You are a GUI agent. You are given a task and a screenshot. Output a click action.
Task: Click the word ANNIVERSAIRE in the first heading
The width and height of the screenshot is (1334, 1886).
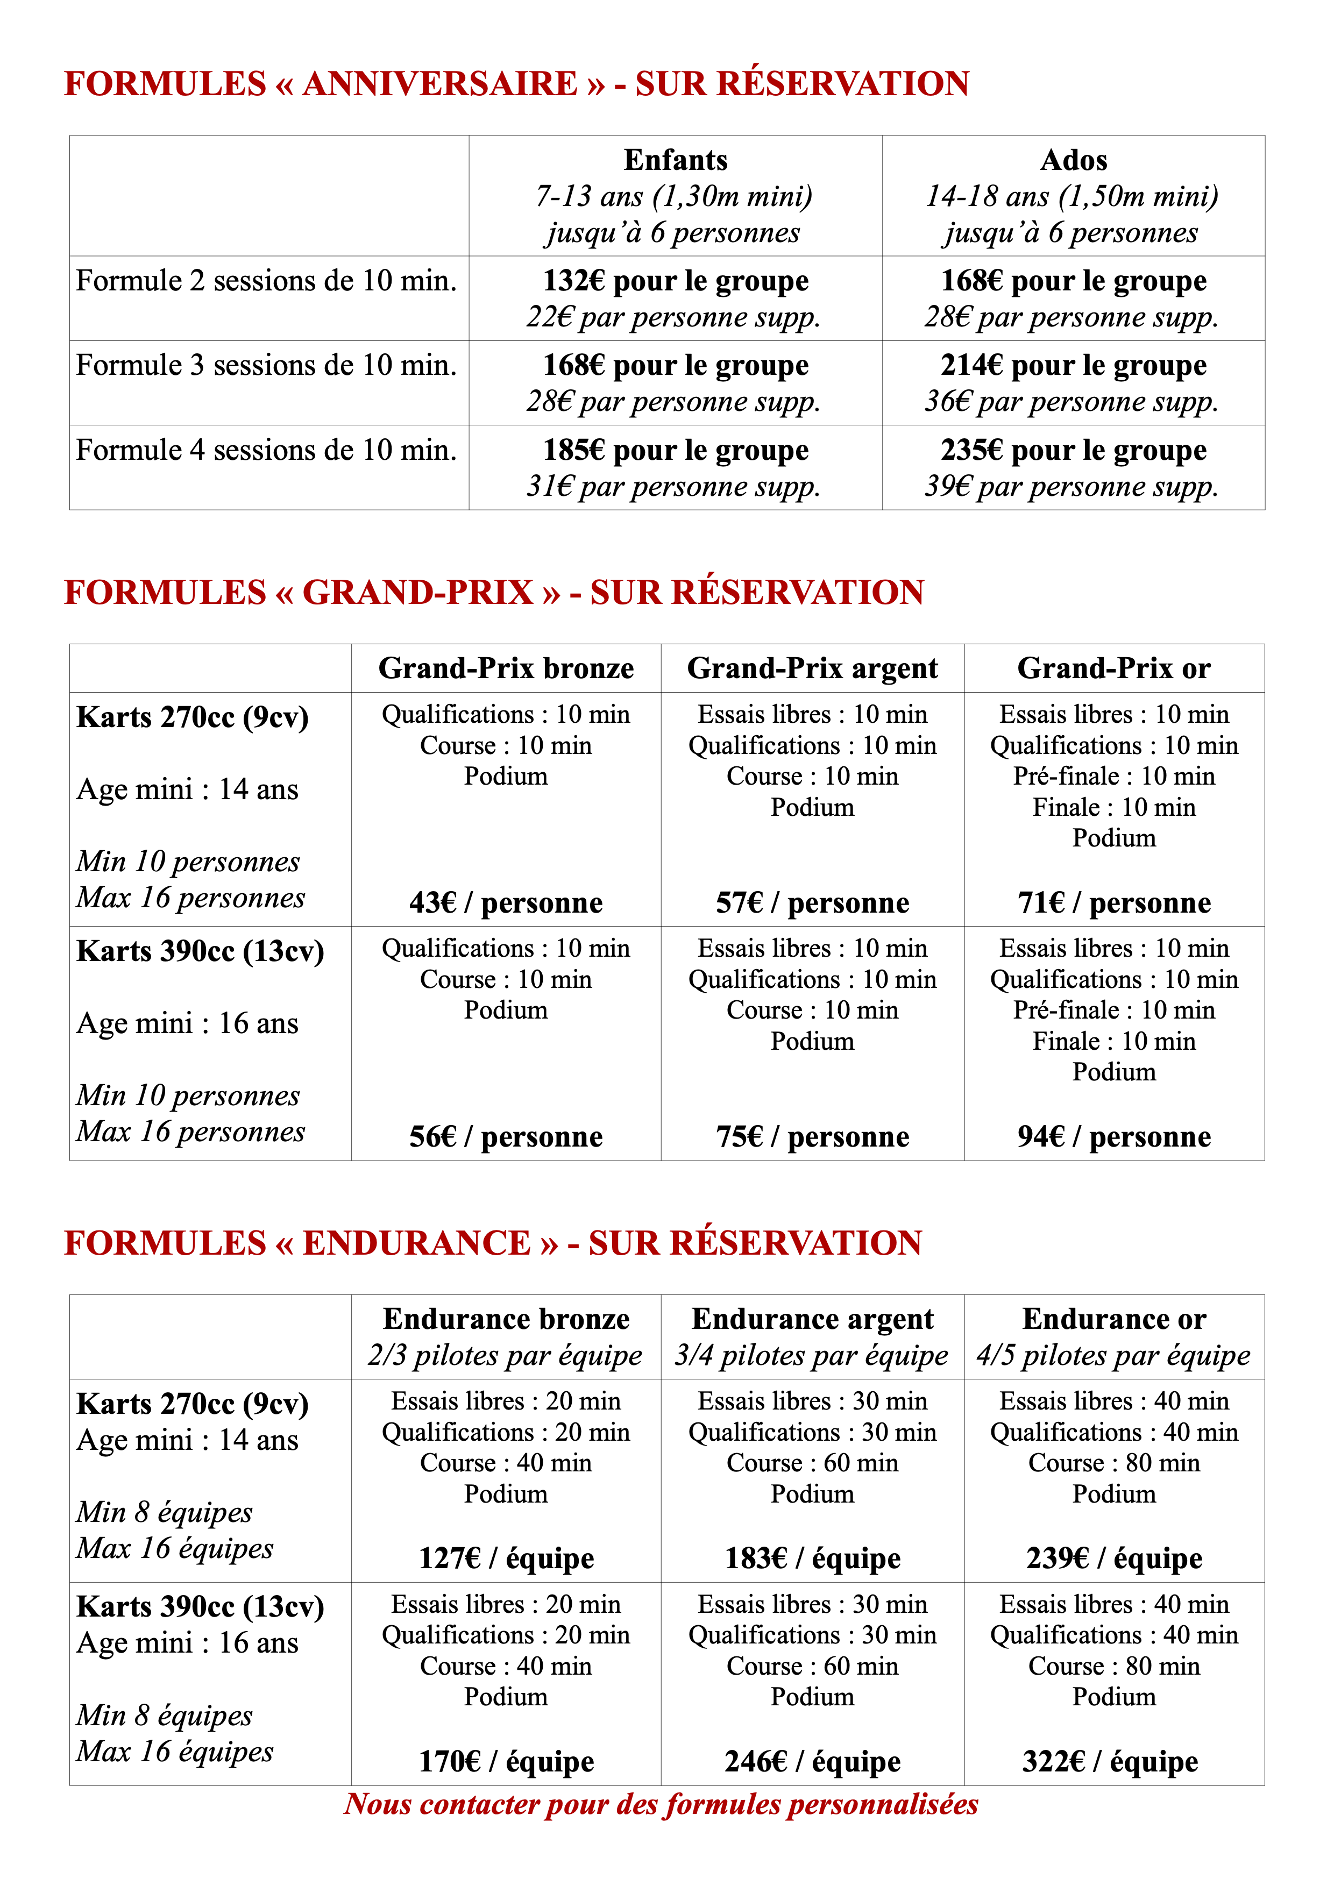(441, 84)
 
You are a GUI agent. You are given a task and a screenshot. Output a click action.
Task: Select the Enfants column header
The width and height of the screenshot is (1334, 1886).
(675, 159)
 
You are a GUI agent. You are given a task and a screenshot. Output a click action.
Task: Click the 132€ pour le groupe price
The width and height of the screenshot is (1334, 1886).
(675, 281)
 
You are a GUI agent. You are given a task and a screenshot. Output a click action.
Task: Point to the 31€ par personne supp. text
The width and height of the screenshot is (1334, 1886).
(673, 486)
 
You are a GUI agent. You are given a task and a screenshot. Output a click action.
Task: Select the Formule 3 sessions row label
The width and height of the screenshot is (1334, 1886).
(266, 366)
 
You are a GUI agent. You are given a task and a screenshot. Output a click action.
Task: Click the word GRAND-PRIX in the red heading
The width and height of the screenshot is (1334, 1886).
(418, 592)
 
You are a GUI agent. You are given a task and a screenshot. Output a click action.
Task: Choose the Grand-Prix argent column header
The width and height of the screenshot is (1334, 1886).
(812, 668)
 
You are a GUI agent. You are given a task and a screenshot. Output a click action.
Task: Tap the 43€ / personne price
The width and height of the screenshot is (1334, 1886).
(506, 903)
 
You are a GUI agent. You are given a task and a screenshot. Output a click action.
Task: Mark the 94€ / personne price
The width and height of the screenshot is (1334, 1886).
(1114, 1137)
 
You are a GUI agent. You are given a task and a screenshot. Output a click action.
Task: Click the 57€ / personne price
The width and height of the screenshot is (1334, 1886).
(812, 903)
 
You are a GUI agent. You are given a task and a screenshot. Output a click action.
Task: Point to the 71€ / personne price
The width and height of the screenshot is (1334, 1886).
(1114, 903)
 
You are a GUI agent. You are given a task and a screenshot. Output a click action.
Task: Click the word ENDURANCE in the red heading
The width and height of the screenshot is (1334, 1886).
(416, 1243)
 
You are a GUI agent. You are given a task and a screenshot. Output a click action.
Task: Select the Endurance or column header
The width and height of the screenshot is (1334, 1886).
(1114, 1319)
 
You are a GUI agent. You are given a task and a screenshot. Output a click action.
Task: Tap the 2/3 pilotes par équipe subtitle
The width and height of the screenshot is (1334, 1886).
(505, 1355)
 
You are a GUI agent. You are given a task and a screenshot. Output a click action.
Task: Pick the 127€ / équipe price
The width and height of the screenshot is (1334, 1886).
(506, 1558)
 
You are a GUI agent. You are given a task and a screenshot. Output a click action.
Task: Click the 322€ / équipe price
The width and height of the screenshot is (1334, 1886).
(1110, 1761)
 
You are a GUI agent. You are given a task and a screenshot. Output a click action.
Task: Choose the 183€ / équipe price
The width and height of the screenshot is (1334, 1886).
(812, 1558)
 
